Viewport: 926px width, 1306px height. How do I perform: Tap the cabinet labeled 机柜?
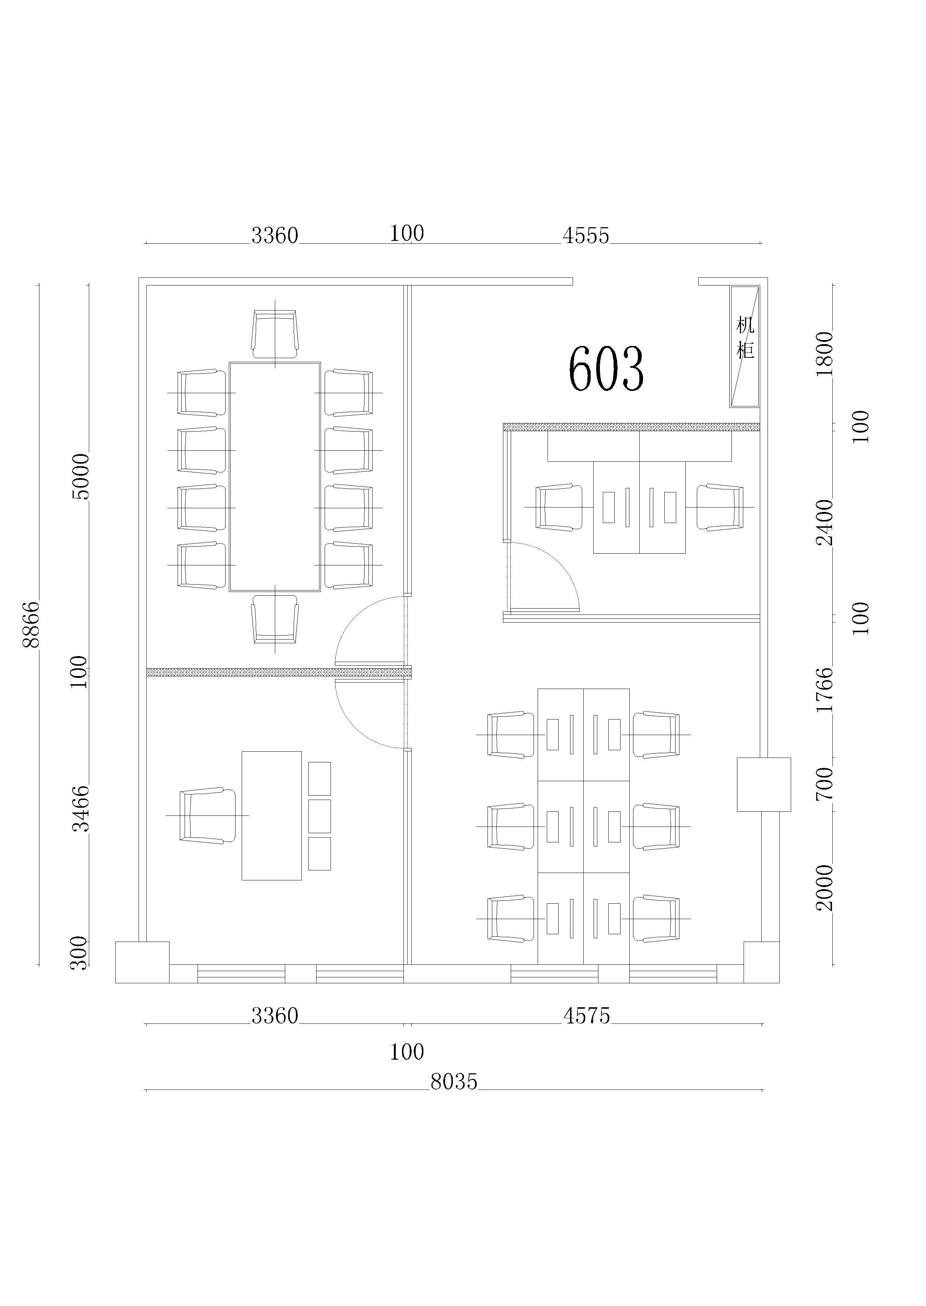[x=745, y=346]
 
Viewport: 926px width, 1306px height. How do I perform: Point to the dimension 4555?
[x=586, y=236]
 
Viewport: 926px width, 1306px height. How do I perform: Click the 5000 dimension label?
[x=81, y=477]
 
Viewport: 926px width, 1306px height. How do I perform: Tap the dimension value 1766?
[x=825, y=689]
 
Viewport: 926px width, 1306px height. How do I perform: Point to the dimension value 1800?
[x=825, y=354]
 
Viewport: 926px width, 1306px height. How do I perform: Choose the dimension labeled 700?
[x=825, y=783]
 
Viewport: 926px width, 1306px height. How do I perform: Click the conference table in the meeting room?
[x=275, y=477]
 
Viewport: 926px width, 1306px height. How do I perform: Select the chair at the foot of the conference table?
[x=275, y=619]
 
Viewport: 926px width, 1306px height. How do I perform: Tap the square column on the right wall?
[x=764, y=784]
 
